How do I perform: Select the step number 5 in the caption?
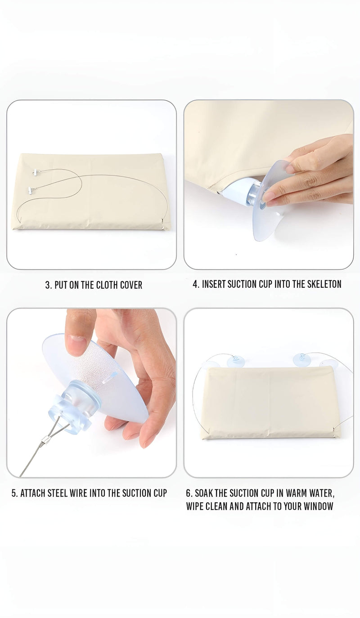pos(14,493)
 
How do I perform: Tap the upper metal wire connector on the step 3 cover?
pos(35,173)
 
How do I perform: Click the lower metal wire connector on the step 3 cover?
pos(30,190)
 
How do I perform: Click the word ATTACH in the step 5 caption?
pos(33,493)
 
